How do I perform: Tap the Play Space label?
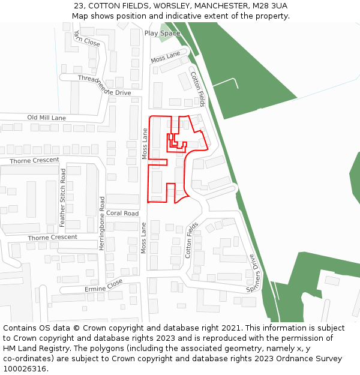pyautogui.click(x=162, y=34)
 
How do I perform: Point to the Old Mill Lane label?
pyautogui.click(x=46, y=118)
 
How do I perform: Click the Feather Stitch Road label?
pyautogui.click(x=62, y=197)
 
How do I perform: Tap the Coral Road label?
pyautogui.click(x=122, y=214)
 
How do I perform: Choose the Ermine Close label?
pyautogui.click(x=103, y=286)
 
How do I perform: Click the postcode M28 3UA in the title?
pyautogui.click(x=270, y=5)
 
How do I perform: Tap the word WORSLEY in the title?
pyautogui.click(x=161, y=5)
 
